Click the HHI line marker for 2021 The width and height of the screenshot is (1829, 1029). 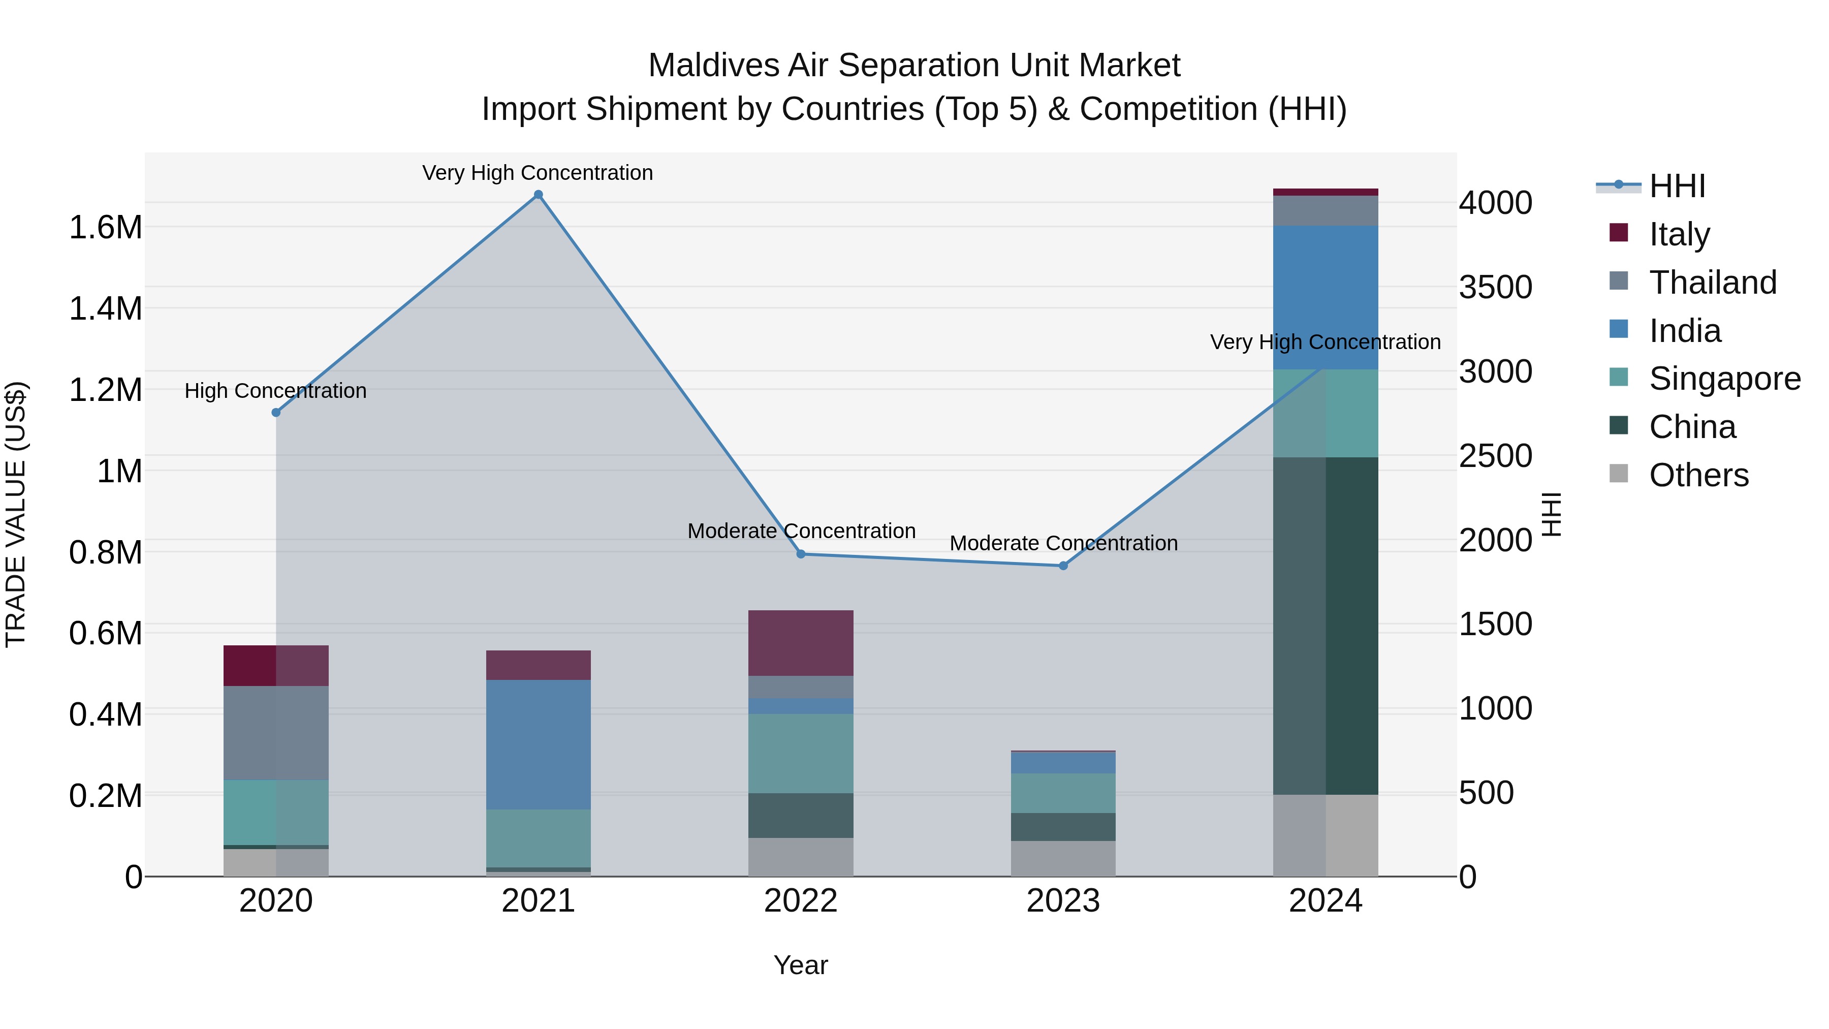click(538, 195)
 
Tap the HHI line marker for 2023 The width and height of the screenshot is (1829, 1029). click(1063, 566)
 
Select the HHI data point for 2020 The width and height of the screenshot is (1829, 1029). click(276, 413)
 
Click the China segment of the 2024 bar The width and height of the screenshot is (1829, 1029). click(1325, 625)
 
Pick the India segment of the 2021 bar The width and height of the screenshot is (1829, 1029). click(538, 744)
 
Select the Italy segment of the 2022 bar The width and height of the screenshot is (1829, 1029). click(800, 643)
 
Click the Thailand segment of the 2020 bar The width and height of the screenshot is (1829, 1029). click(276, 732)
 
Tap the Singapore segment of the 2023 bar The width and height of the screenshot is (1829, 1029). click(1063, 793)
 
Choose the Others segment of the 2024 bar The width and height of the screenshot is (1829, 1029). click(1325, 835)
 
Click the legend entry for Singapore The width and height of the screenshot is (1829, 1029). click(1724, 379)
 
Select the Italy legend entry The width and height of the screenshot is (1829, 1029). click(1679, 234)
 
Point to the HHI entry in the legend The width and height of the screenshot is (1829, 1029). click(1677, 186)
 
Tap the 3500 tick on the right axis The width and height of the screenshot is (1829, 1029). click(1495, 288)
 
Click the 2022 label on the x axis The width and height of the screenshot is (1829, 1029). click(800, 901)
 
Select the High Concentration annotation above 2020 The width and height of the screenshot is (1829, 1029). click(275, 391)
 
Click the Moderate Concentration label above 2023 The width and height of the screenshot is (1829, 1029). click(1063, 543)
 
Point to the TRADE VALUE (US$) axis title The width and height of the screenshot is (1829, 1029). click(16, 514)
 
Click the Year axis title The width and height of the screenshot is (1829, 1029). click(800, 965)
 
